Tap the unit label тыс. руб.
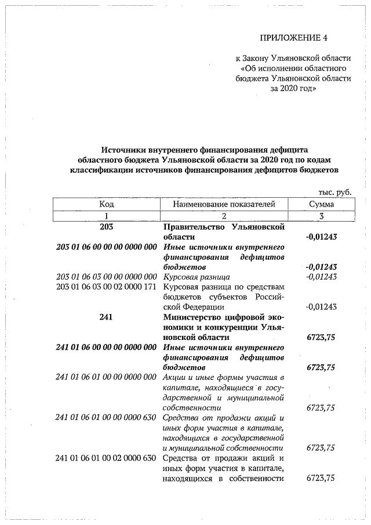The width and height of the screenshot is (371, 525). click(334, 192)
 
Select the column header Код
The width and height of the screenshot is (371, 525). click(106, 204)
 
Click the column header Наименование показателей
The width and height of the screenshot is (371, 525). click(224, 204)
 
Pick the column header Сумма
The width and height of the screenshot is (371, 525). click(321, 204)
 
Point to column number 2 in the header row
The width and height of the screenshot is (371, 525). click(224, 216)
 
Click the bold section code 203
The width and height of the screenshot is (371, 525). click(106, 227)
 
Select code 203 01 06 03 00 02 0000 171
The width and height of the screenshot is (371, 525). click(106, 287)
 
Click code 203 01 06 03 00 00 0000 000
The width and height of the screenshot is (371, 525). click(106, 277)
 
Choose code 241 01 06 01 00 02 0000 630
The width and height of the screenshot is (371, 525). click(106, 458)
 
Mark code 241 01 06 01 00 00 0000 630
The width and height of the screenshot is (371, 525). click(106, 418)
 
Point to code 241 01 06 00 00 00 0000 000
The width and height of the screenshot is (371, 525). click(106, 347)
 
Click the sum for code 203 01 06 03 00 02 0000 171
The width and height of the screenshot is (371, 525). click(321, 307)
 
